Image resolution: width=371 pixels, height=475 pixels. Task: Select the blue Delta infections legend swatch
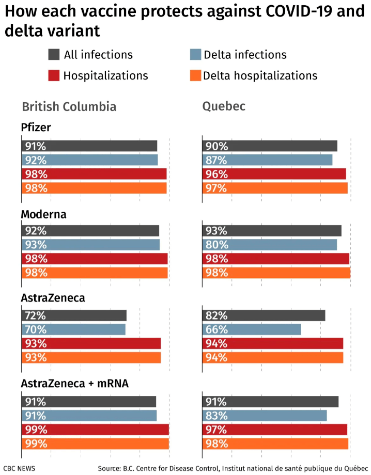[195, 55]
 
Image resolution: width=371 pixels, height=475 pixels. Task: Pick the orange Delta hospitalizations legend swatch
[195, 75]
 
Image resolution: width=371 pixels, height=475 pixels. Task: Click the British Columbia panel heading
[69, 107]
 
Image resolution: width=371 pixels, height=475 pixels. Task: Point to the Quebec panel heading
[223, 107]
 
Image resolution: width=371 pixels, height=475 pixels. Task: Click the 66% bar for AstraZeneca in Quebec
[252, 329]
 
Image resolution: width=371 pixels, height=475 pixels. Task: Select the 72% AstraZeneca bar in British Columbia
[74, 315]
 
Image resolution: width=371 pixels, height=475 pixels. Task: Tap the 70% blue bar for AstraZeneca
[73, 329]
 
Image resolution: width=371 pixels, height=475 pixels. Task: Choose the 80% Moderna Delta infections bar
[269, 245]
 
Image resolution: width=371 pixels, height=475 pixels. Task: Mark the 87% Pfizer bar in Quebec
[267, 160]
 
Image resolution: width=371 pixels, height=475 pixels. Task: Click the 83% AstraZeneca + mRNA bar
[265, 416]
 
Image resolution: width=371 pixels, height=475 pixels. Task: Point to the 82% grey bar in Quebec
[264, 315]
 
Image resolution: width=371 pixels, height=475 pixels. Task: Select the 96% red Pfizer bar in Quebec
[274, 174]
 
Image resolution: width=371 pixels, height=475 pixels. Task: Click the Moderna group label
[43, 214]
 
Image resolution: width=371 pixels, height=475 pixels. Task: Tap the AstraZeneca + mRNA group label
[74, 383]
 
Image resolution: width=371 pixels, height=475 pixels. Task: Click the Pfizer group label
[36, 127]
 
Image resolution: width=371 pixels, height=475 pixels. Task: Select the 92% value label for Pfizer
[34, 160]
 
